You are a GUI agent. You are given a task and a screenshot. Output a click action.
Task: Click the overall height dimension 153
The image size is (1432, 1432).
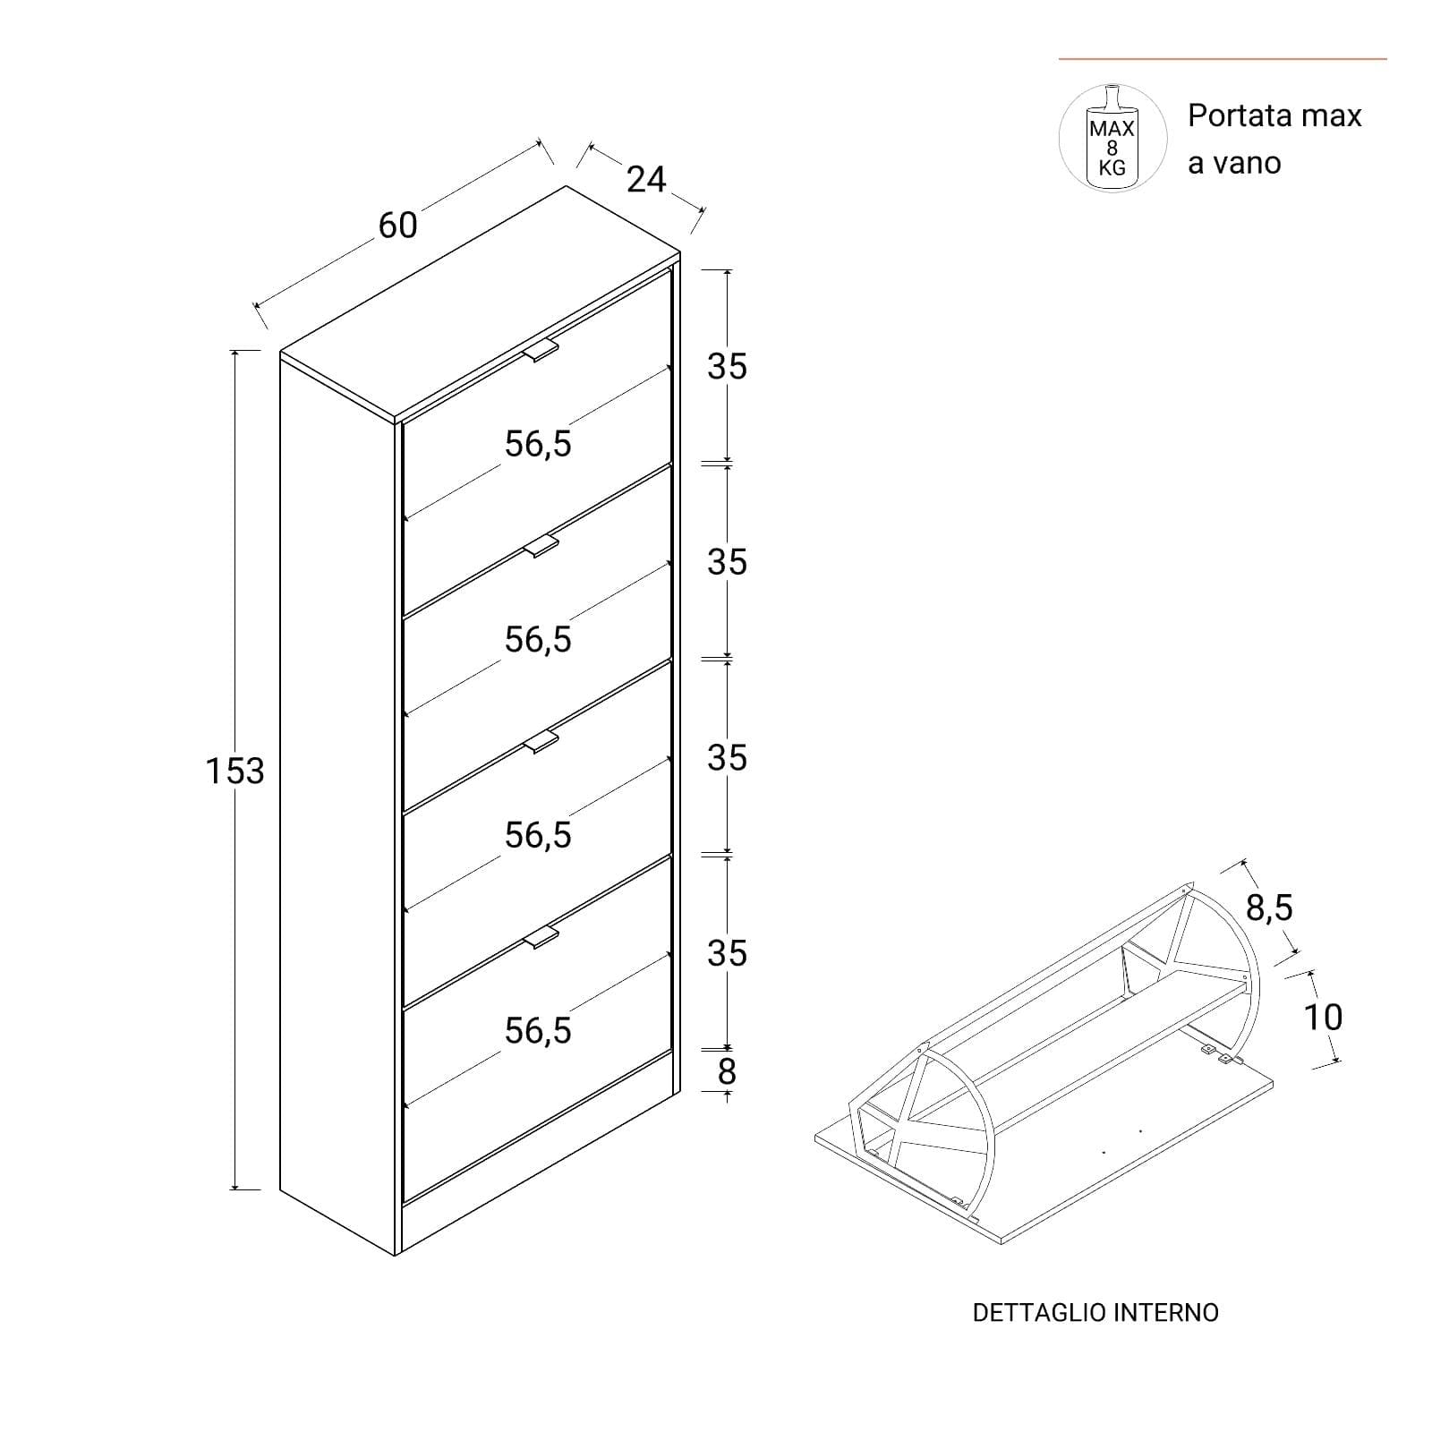235,771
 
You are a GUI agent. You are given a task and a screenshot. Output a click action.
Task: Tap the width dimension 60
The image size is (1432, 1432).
398,226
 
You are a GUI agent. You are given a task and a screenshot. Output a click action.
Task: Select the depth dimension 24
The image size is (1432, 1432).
646,180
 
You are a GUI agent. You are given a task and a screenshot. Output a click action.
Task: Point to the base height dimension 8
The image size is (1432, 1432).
727,1071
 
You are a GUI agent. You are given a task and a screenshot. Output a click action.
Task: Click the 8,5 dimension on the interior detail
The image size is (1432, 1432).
1269,908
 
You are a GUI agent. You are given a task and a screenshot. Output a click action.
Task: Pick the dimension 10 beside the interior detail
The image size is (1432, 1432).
1323,1017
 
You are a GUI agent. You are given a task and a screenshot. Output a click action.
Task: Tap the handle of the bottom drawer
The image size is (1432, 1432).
541,937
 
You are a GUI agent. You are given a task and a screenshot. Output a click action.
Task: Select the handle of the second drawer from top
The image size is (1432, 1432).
541,546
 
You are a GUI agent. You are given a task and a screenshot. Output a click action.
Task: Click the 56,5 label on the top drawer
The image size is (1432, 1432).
538,444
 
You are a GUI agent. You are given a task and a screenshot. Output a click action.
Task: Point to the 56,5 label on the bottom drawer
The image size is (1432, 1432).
538,1031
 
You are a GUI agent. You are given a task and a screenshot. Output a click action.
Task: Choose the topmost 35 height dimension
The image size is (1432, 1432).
727,367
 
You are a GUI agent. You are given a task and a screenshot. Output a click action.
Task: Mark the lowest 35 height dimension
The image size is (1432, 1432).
727,954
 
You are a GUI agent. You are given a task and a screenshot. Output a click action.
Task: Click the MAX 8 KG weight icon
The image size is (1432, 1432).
1112,139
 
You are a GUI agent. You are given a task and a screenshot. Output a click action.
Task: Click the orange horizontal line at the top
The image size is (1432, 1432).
1223,59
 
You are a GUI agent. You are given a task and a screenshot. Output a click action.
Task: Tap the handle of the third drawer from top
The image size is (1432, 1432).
541,742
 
